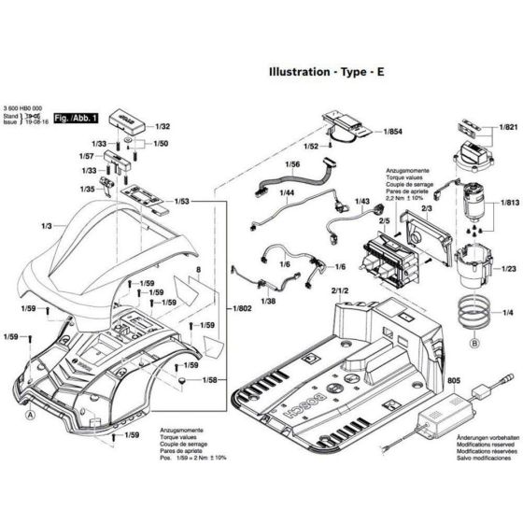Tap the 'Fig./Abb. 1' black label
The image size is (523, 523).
click(77, 120)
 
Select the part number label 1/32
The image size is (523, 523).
click(163, 125)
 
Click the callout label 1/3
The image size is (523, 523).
click(46, 227)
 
